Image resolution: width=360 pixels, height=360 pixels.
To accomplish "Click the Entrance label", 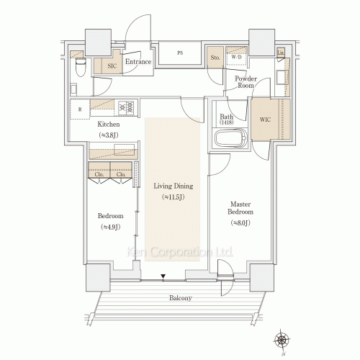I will [138, 62].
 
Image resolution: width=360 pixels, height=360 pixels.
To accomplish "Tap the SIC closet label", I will [112, 66].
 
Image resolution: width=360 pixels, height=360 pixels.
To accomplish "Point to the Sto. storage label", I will [215, 57].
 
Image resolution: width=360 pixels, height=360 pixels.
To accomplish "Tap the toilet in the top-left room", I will [78, 68].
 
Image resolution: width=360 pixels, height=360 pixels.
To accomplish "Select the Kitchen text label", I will [109, 124].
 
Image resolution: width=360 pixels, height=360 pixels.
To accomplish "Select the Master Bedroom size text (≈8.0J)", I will [240, 223].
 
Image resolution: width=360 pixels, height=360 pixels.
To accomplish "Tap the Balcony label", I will [181, 298].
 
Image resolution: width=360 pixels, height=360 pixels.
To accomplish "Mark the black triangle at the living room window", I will [163, 276].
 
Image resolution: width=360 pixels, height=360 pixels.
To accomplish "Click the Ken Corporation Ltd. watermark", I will [180, 252].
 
